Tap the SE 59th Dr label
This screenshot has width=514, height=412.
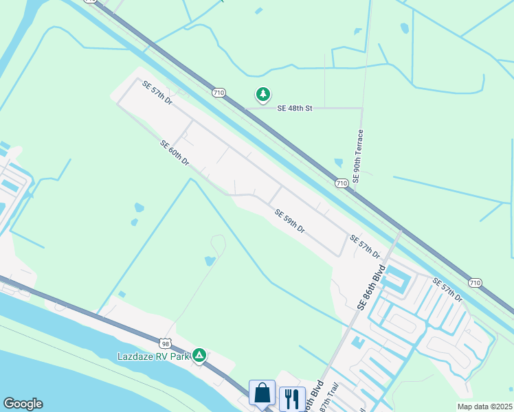pos(289,221)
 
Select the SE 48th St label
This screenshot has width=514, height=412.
pos(295,108)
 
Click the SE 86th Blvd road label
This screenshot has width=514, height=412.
pos(371,283)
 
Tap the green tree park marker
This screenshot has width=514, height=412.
pos(262,94)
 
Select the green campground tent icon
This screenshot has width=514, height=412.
pos(199,355)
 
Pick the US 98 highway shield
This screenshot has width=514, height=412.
pos(164,342)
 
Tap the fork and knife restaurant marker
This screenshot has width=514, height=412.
pos(292,398)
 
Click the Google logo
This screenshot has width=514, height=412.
pos(23,404)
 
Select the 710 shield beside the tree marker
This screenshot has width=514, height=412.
pos(219,92)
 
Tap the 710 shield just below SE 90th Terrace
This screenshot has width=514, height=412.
pos(342,183)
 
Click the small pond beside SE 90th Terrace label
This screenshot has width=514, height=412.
pos(338,163)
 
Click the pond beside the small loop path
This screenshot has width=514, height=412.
pos(210,261)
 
